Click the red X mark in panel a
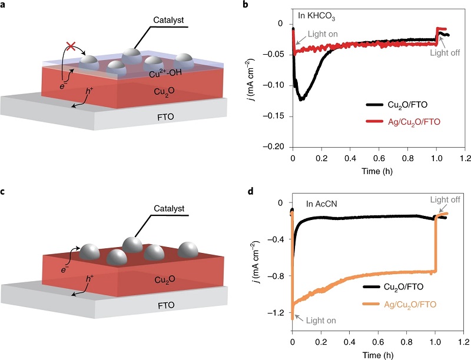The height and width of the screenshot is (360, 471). (x=68, y=45)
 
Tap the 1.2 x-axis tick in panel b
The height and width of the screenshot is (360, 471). (x=465, y=159)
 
